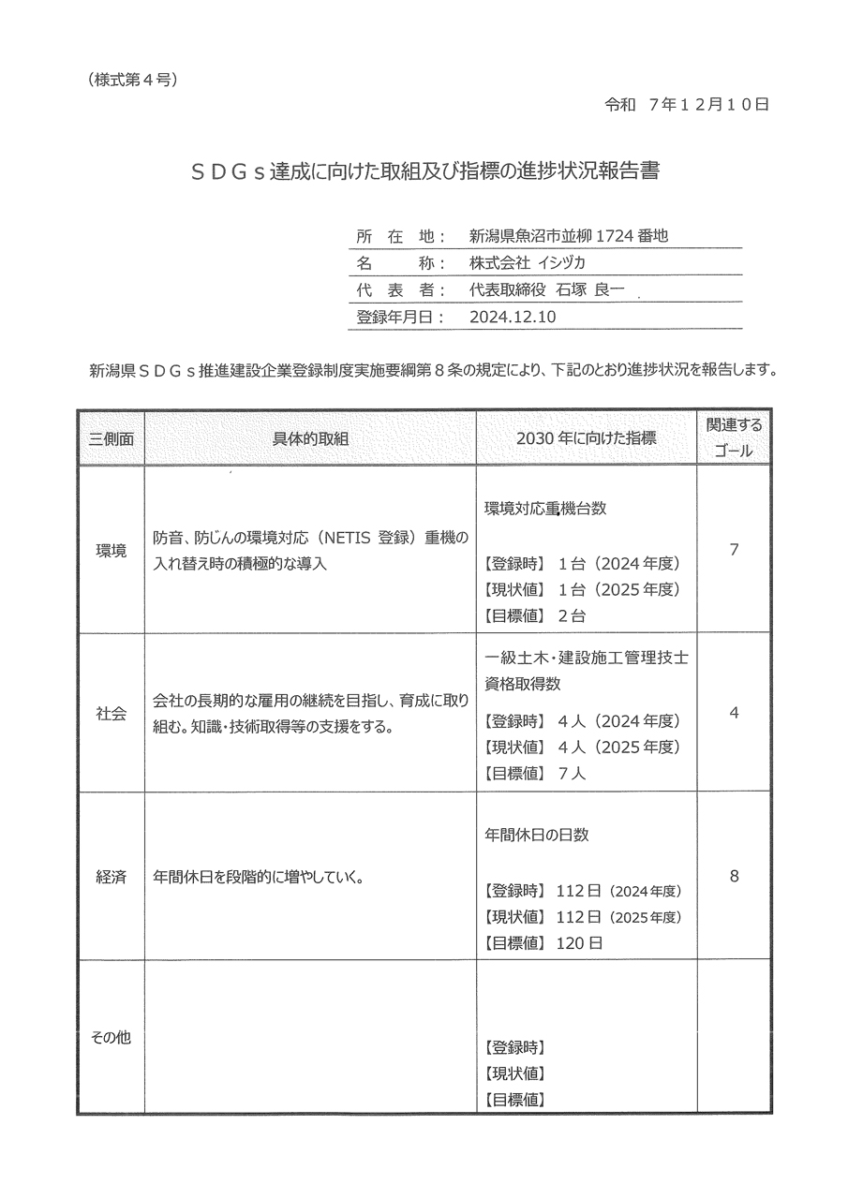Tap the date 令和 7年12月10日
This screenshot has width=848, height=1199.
687,105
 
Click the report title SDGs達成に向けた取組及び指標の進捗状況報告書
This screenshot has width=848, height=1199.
424,172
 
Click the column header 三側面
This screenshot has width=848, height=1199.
111,438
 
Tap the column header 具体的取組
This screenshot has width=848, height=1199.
310,438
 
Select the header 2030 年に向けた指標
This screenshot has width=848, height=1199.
586,438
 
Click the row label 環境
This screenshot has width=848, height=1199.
111,550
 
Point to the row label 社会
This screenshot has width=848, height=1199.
111,713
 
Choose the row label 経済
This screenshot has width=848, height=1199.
111,877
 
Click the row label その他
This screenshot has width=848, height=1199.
111,1037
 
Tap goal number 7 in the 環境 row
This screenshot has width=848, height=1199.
734,549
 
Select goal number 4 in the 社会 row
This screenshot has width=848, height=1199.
734,713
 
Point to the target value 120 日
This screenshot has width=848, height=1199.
580,942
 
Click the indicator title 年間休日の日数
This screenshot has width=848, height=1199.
537,835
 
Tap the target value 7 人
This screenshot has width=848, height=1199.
571,774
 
